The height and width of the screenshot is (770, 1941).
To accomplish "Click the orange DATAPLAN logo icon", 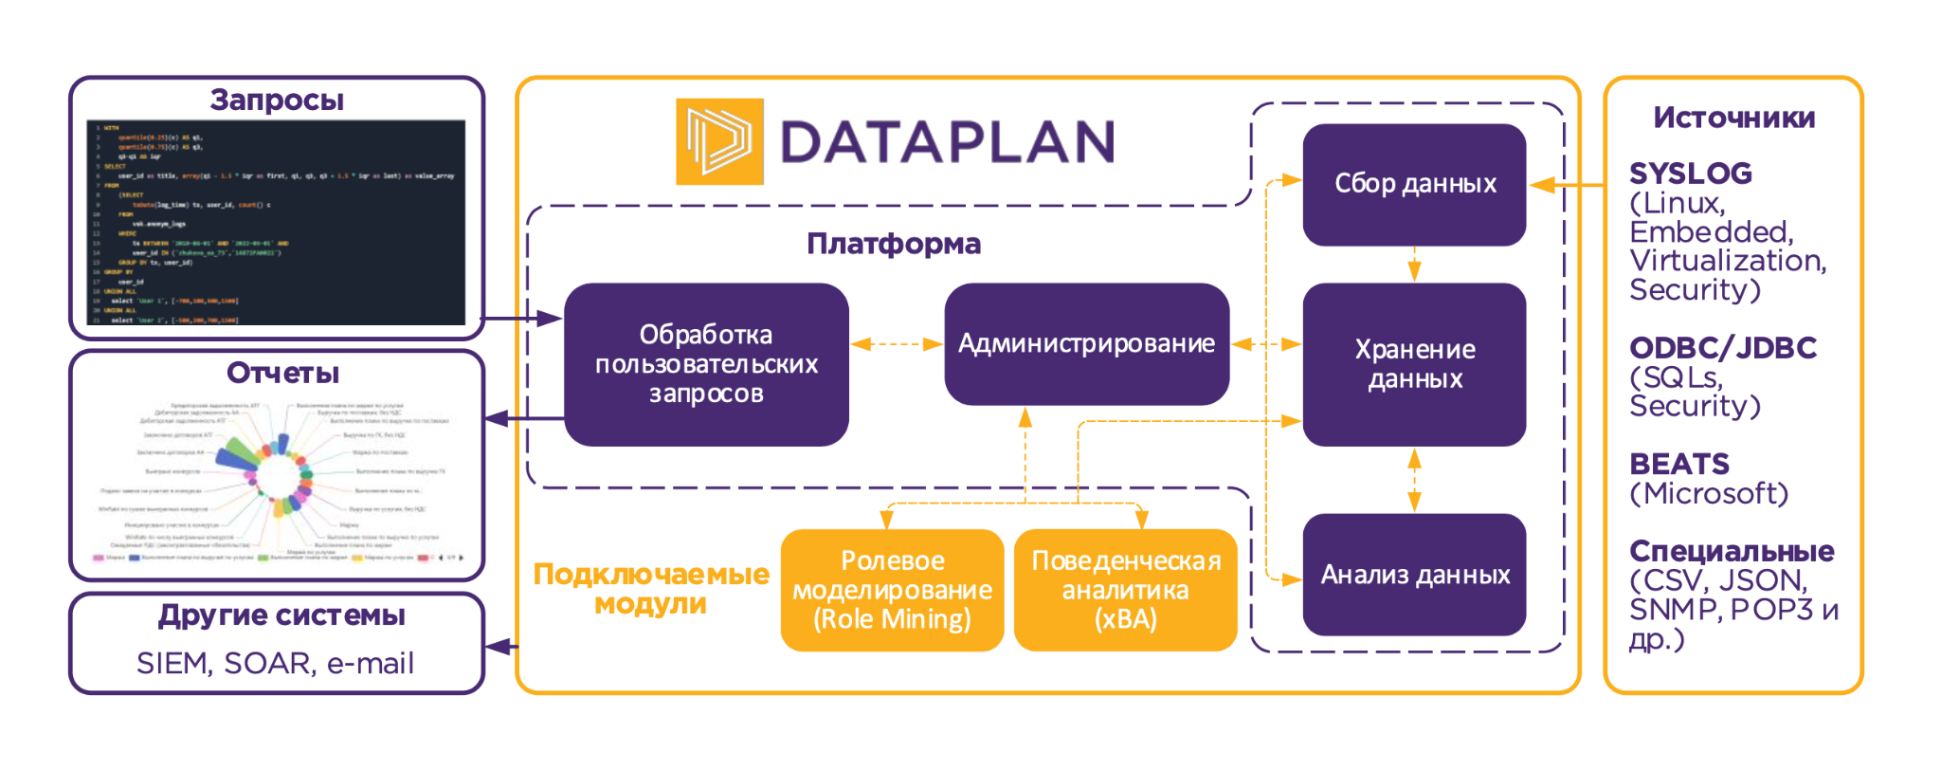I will click(x=718, y=141).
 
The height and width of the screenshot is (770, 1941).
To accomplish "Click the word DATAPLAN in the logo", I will click(x=946, y=142).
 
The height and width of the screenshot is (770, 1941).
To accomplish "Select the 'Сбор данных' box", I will click(x=1414, y=184).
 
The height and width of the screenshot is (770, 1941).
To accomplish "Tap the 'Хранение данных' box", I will click(x=1414, y=364).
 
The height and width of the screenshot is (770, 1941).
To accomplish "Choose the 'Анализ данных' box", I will click(x=1414, y=575).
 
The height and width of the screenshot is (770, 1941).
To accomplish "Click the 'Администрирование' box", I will click(x=1086, y=343).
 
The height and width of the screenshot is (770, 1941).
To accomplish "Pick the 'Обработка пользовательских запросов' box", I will click(x=706, y=364).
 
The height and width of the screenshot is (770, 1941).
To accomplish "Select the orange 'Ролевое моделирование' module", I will click(x=892, y=590).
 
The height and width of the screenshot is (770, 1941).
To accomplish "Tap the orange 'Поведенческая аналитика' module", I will click(x=1125, y=590).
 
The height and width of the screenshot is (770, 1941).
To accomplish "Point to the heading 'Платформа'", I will click(x=893, y=244).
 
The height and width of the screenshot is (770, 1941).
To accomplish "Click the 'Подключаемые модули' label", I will click(x=651, y=588).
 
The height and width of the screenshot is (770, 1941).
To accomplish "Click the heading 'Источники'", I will click(x=1733, y=118).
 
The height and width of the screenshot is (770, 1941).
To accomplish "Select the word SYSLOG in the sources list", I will click(x=1690, y=174).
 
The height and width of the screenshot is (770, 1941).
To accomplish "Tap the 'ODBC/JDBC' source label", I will click(x=1722, y=348).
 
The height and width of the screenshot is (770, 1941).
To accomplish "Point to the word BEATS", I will click(x=1678, y=464).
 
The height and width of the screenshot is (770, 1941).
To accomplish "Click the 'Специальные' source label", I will click(x=1731, y=551).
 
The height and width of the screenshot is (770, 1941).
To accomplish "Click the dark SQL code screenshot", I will click(x=276, y=223).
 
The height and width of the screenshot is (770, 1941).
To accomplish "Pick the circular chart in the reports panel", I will click(x=275, y=474).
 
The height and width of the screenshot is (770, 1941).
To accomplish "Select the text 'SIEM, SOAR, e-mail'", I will click(x=275, y=663).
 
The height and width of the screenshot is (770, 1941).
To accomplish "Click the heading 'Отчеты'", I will click(x=282, y=373).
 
